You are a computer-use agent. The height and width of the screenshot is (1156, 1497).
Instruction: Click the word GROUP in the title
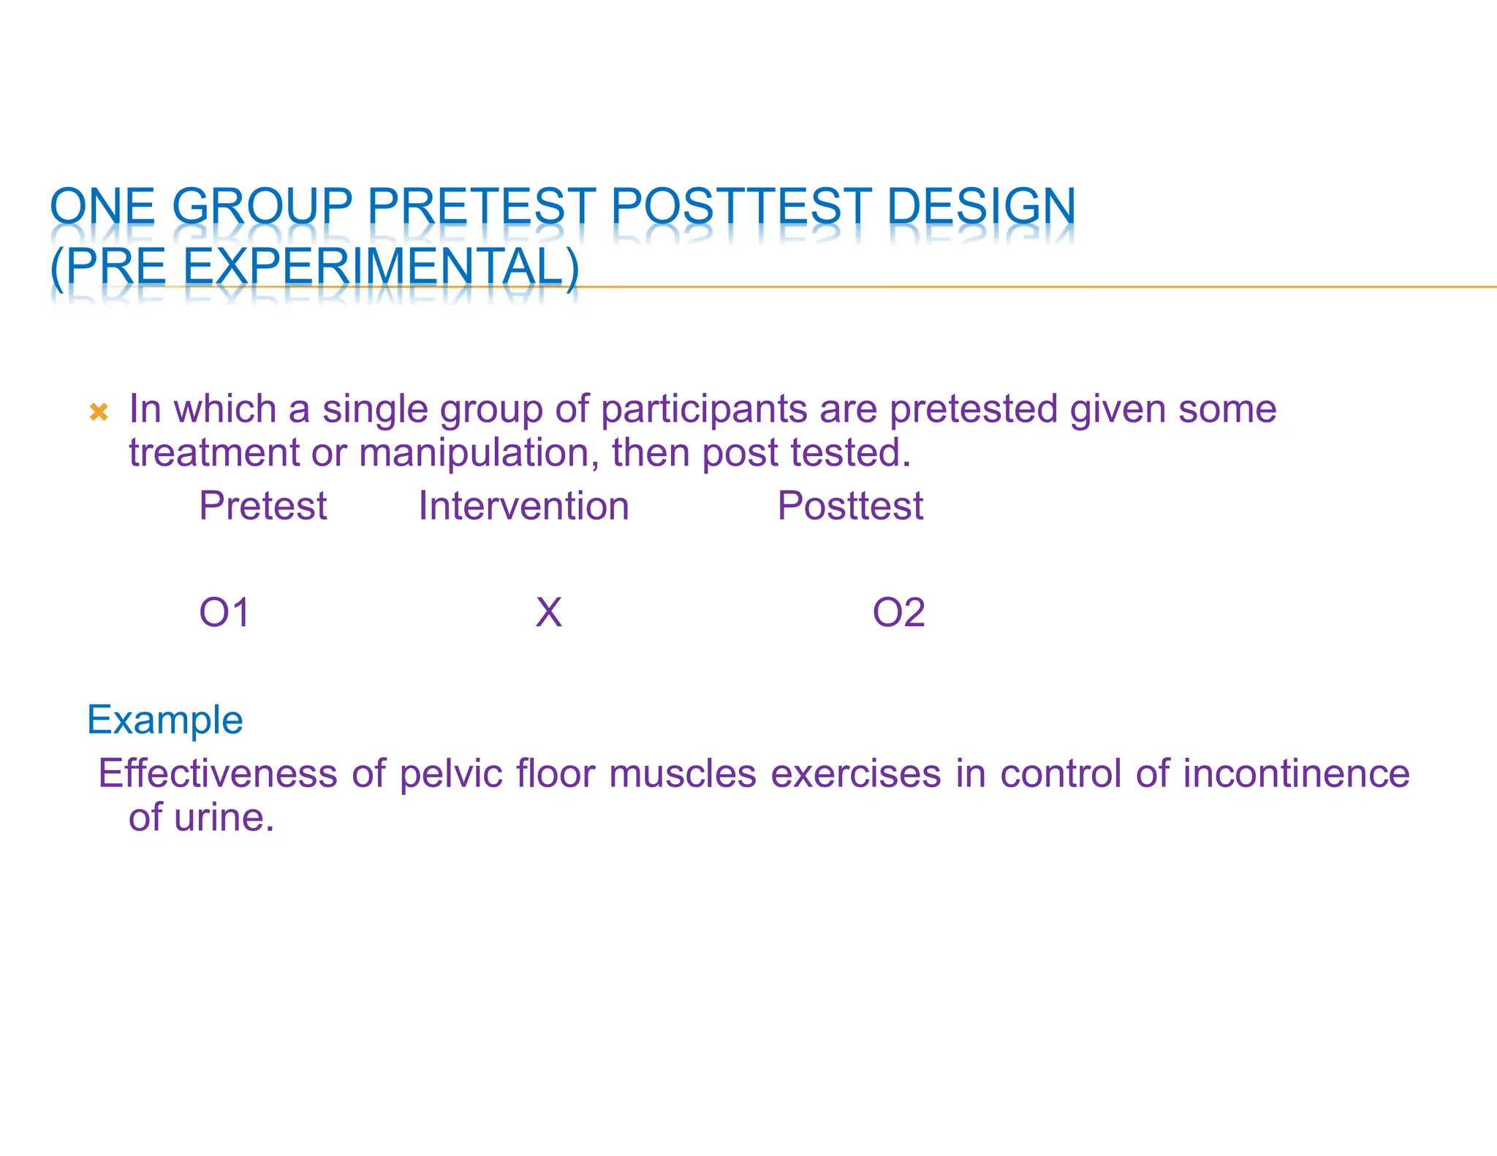(262, 207)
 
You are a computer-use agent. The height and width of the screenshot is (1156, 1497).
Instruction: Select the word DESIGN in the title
(981, 207)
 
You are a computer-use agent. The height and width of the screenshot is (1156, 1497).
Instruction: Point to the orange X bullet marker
(99, 412)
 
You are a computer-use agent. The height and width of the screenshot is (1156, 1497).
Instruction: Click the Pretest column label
(263, 506)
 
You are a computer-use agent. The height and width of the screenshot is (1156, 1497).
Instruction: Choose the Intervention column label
(523, 506)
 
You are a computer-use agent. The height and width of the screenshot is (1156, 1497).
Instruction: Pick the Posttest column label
(850, 506)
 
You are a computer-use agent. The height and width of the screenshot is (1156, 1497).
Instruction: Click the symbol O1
(224, 612)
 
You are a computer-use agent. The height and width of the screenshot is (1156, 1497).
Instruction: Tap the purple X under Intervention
(548, 612)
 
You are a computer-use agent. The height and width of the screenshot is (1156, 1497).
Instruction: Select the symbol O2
(898, 612)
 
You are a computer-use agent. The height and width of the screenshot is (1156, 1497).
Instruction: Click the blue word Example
(165, 720)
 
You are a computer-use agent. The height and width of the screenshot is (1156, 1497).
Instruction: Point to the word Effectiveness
(218, 774)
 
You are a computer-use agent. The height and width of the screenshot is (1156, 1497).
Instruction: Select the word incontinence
(1296, 774)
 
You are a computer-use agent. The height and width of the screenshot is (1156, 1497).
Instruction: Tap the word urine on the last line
(224, 818)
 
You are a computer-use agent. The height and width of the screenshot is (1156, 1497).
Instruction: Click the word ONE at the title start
(102, 207)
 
